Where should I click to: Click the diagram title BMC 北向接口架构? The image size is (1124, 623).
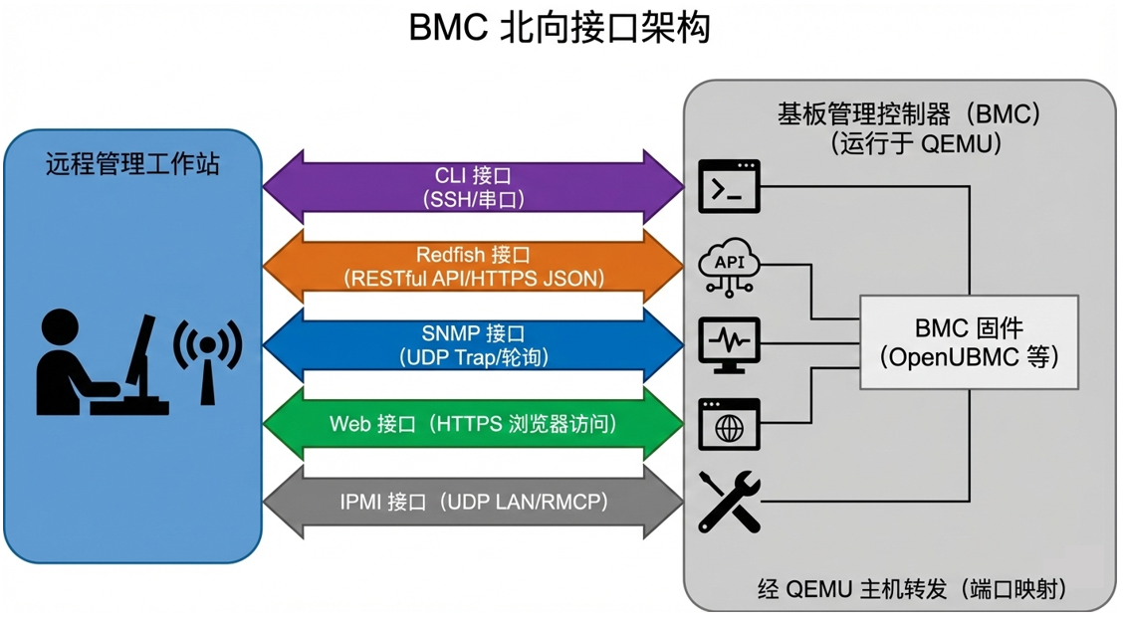pyautogui.click(x=560, y=28)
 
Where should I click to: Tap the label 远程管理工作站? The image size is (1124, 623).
pyautogui.click(x=132, y=164)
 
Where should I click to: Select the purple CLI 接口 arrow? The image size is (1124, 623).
pyautogui.click(x=473, y=186)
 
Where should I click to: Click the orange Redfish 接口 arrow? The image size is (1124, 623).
pyautogui.click(x=473, y=267)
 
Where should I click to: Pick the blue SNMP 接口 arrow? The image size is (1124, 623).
pyautogui.click(x=473, y=345)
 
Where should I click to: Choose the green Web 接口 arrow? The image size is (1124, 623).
pyautogui.click(x=473, y=424)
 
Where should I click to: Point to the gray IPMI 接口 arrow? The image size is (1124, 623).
pyautogui.click(x=473, y=503)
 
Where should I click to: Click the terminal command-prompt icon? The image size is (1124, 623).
pyautogui.click(x=729, y=186)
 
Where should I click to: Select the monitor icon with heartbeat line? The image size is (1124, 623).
pyautogui.click(x=729, y=344)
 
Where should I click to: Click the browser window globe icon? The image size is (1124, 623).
pyautogui.click(x=729, y=424)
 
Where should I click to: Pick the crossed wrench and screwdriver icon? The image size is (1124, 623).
pyautogui.click(x=729, y=502)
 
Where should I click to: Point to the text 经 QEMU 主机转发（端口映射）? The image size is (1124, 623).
pyautogui.click(x=912, y=589)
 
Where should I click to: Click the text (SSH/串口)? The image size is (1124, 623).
pyautogui.click(x=473, y=199)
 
